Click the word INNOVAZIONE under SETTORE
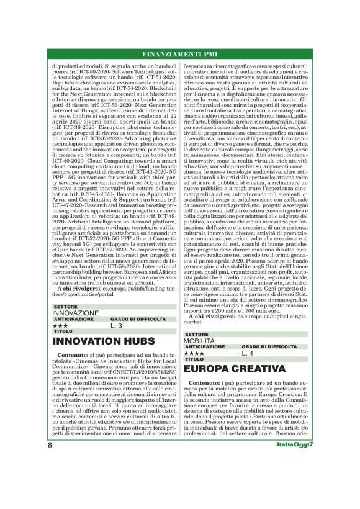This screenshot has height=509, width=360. [x=75, y=313]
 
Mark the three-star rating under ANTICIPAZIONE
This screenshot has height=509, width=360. [x=61, y=325]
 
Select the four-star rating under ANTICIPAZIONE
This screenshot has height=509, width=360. [x=194, y=353]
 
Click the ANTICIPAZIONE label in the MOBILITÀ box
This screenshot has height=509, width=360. [x=206, y=346]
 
